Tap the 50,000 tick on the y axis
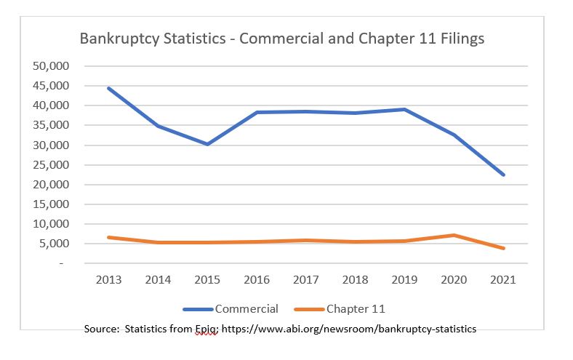click(x=51, y=66)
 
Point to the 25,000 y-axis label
click(x=51, y=165)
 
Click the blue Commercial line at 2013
click(x=108, y=88)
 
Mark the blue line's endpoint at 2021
click(x=503, y=175)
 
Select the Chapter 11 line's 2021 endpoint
click(x=503, y=248)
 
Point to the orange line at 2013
click(x=108, y=237)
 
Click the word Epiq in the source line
click(x=205, y=329)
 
